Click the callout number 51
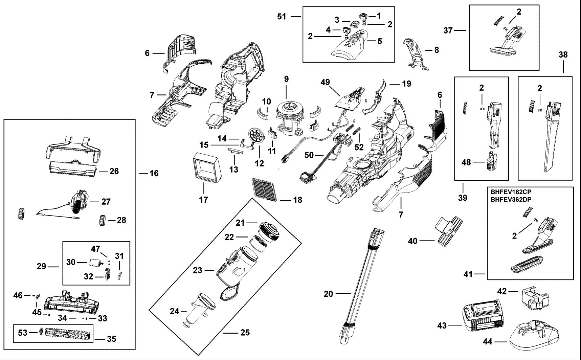(282, 17)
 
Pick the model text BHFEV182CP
(511, 192)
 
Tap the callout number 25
(245, 333)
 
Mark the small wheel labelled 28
(103, 220)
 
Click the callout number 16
(154, 174)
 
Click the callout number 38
(563, 55)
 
